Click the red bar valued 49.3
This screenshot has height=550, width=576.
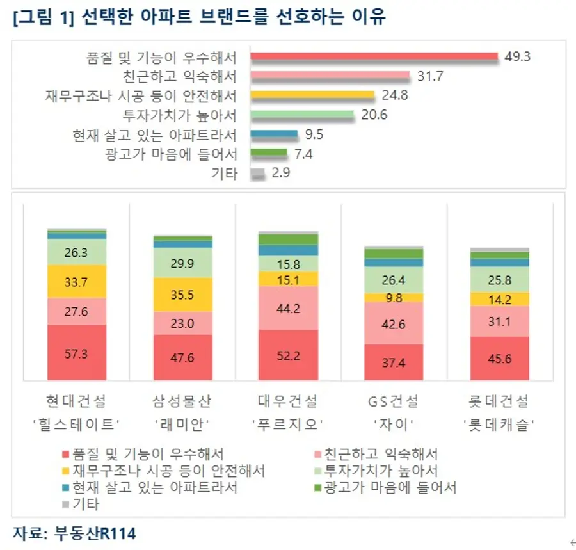click(374, 56)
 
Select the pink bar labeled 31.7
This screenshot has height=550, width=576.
click(330, 76)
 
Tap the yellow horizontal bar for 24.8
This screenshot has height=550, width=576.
click(312, 95)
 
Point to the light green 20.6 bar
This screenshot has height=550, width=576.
click(301, 115)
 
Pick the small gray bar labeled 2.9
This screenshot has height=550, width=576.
click(257, 174)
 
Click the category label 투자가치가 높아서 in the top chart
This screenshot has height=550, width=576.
click(180, 116)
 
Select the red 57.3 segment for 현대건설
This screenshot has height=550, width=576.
click(77, 352)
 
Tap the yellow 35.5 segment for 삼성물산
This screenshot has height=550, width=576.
click(183, 295)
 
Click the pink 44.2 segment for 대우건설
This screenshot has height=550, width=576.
click(289, 308)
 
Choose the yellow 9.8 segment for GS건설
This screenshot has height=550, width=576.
click(394, 297)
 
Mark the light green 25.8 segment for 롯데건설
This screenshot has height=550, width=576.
click(500, 279)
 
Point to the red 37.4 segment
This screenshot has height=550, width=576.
click(394, 362)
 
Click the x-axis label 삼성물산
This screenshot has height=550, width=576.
click(182, 401)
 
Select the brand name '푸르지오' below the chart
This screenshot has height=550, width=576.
click(289, 423)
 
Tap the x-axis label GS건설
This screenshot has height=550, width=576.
click(394, 401)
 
